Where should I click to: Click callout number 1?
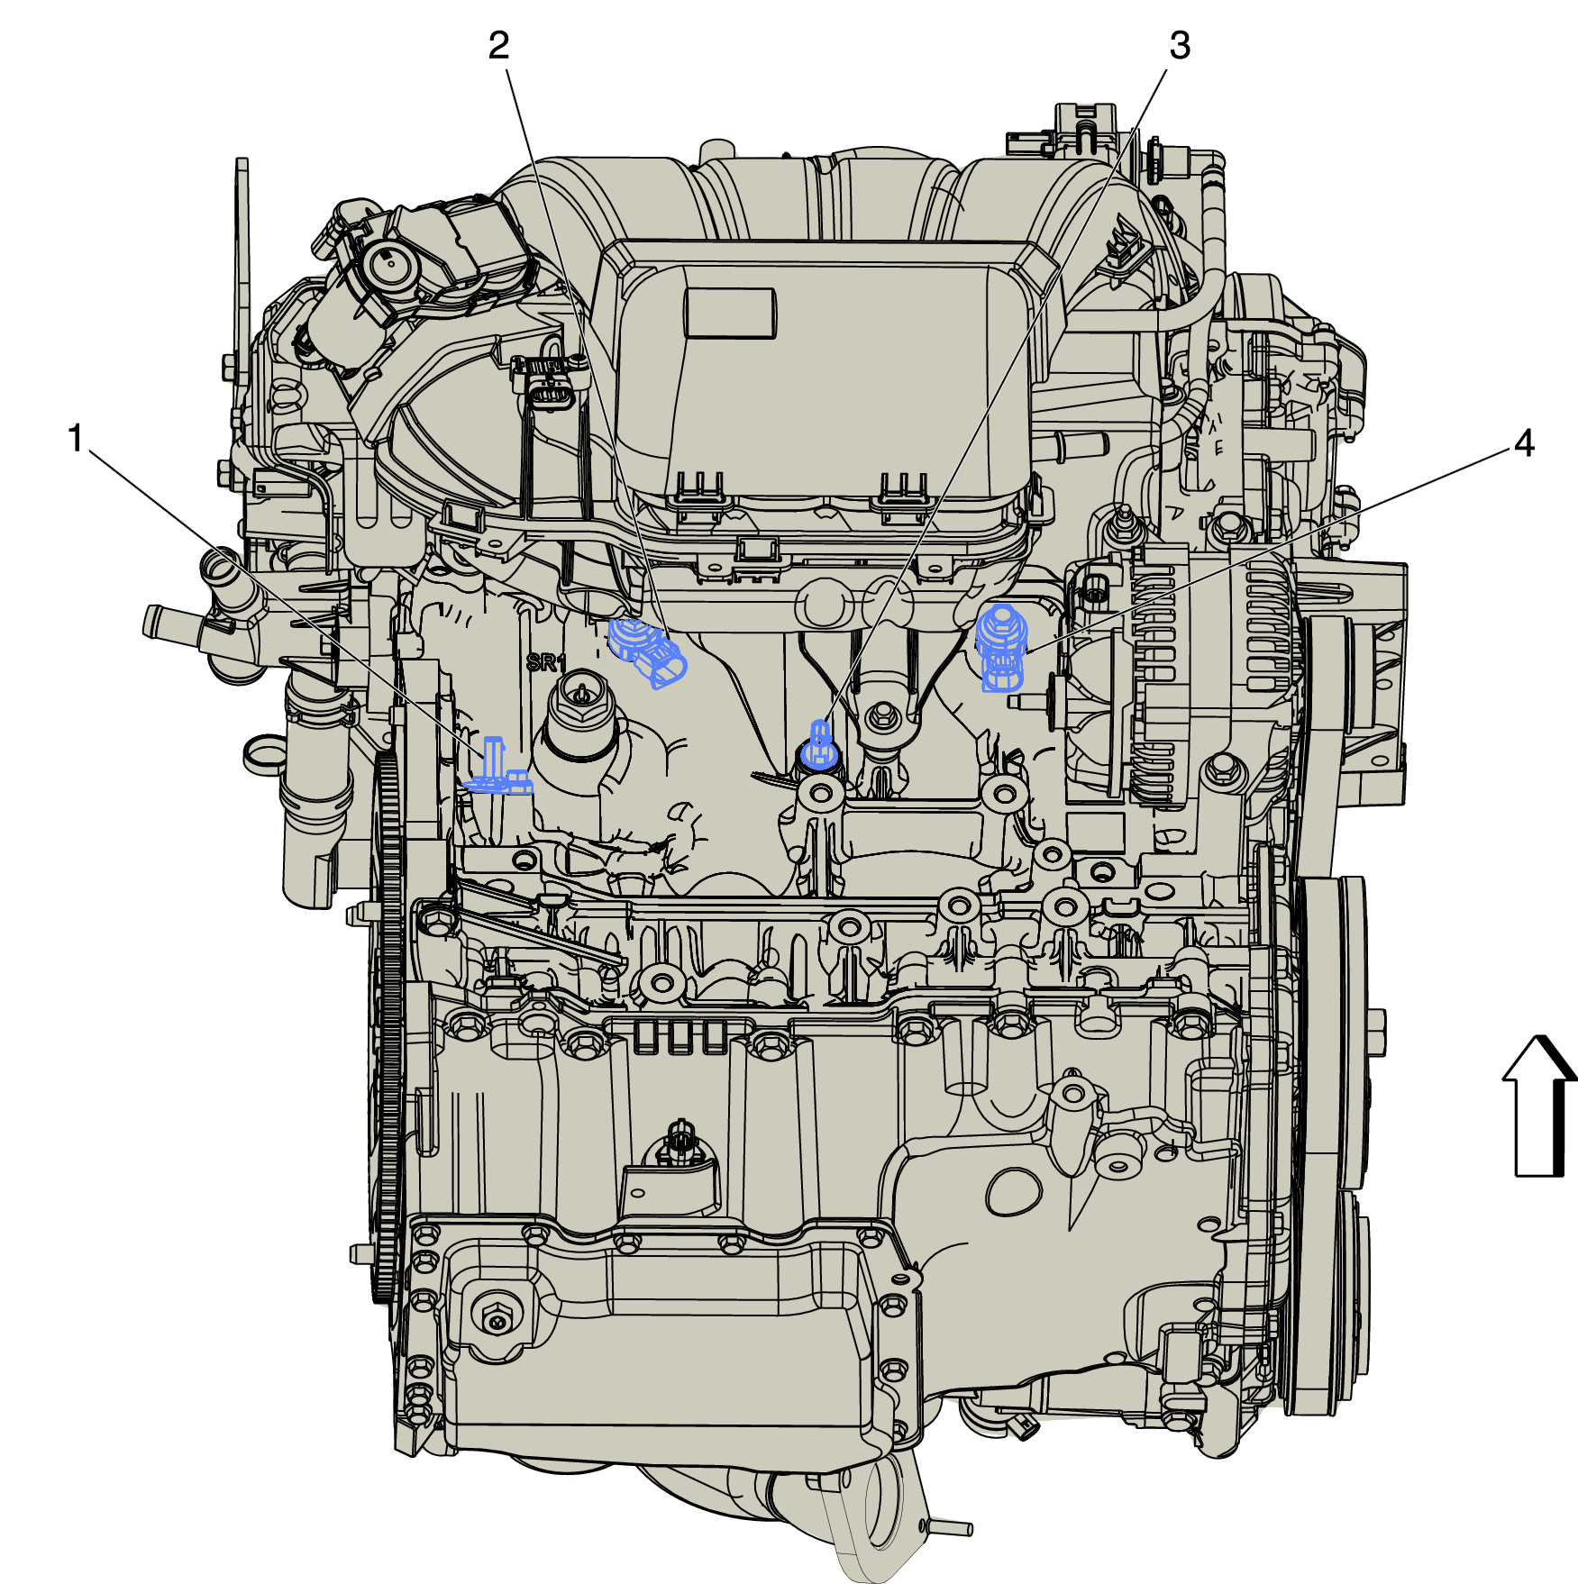coord(76,439)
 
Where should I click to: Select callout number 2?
coord(498,45)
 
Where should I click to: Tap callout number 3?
coord(1180,45)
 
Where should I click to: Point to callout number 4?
coord(1524,443)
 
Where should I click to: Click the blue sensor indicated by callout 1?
coord(496,768)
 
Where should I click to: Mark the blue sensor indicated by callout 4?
coord(1001,647)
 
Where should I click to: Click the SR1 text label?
coord(546,663)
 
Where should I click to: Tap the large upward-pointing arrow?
coord(1539,1106)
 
